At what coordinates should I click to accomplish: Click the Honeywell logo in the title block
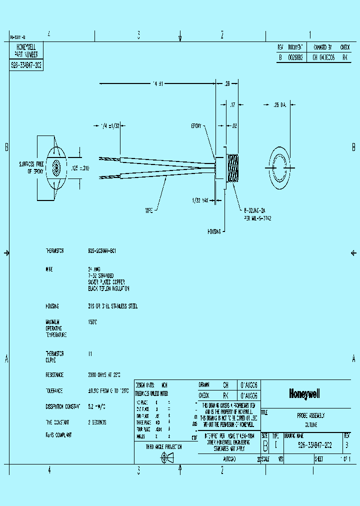(304, 394)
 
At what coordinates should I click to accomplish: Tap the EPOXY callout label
(195, 126)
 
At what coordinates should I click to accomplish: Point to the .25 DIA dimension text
(279, 105)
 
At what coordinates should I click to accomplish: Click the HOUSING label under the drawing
(214, 232)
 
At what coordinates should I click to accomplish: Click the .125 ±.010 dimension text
(79, 168)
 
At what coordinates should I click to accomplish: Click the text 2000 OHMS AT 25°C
(104, 374)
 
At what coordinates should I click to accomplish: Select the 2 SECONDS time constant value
(97, 422)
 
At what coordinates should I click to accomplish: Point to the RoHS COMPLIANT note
(58, 435)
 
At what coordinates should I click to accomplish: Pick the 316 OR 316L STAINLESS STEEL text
(112, 306)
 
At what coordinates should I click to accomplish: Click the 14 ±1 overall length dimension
(157, 83)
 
